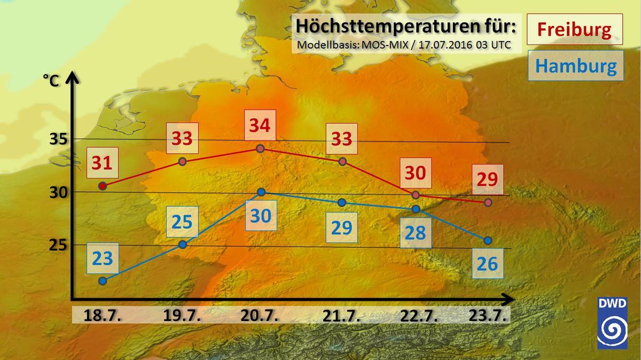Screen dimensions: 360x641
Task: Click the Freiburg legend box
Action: (x=574, y=29)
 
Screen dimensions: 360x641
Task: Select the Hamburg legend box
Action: (x=575, y=66)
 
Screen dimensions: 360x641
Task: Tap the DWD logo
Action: (x=612, y=324)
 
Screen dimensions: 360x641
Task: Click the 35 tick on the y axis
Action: (x=57, y=140)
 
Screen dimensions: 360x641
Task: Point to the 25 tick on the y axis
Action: (x=57, y=245)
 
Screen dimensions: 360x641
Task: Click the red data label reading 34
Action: (x=260, y=126)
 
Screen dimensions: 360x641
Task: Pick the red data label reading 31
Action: (x=102, y=163)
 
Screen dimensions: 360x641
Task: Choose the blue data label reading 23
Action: (x=103, y=259)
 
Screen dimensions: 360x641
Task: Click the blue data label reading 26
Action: (x=488, y=263)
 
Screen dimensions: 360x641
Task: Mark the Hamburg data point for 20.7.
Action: (x=261, y=192)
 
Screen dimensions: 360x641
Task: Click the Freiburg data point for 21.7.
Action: (x=342, y=161)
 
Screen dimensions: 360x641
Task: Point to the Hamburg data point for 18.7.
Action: (x=103, y=281)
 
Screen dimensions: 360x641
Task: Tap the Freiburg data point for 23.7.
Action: (x=488, y=202)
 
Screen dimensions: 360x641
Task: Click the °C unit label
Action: (x=51, y=81)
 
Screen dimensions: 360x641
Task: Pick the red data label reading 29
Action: (x=487, y=179)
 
